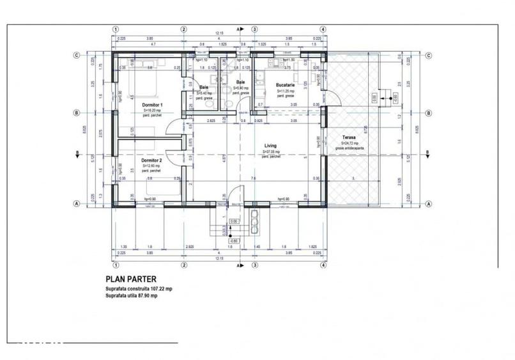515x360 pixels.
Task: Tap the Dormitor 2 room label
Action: tap(151, 160)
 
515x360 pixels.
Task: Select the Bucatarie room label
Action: tap(284, 85)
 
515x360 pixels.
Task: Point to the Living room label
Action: tap(271, 146)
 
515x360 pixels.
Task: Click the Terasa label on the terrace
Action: tap(348, 137)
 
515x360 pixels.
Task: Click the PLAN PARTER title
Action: tap(130, 279)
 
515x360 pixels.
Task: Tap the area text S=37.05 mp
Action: tap(272, 152)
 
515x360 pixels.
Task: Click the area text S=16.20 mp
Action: tap(153, 110)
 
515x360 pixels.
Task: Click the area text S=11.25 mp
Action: tap(285, 91)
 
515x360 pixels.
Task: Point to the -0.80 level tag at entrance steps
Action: tap(233, 240)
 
